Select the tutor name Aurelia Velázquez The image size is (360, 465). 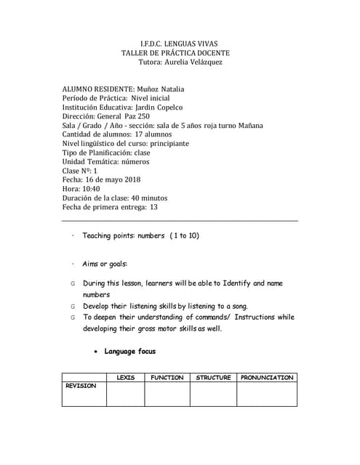point(192,62)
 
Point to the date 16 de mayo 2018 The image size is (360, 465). point(112,179)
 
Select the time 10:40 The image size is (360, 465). point(91,188)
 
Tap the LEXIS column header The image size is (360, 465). point(125,378)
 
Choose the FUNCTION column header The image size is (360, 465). point(167,378)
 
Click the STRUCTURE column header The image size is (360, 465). point(213,378)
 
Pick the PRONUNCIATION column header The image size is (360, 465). point(267,378)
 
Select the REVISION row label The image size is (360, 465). point(81,386)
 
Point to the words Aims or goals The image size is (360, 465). point(105,264)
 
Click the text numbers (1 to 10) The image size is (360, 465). point(168,236)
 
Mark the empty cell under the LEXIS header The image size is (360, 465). point(125,395)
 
